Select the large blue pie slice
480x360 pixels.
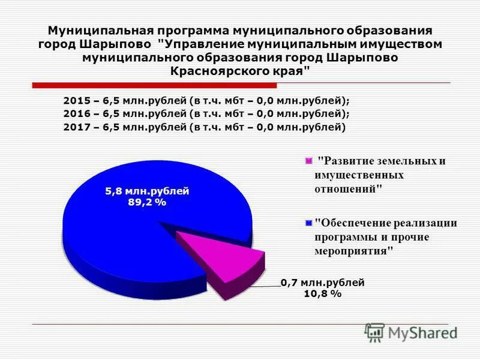[x=132, y=228]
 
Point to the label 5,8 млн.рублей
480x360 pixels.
[x=147, y=191]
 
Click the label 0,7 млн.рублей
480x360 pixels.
[x=322, y=282]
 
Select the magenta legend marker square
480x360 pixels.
[x=309, y=161]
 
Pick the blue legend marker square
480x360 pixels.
[x=309, y=223]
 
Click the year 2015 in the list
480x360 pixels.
[x=75, y=100]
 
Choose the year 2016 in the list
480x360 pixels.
[x=75, y=113]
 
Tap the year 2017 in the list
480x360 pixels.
[x=75, y=127]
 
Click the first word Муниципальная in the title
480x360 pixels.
[x=95, y=30]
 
